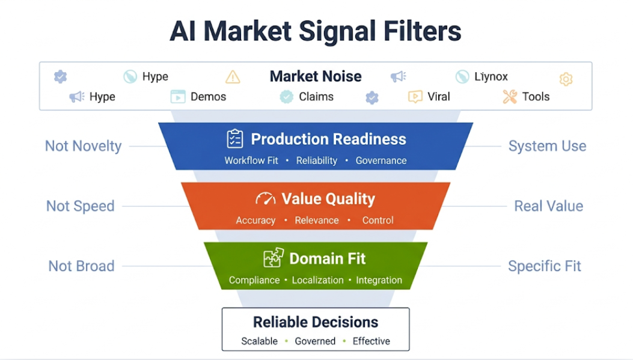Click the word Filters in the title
point(422,31)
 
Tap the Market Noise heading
point(316,76)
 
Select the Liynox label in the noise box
point(491,76)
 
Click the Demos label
point(209,97)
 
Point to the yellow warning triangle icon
point(233,77)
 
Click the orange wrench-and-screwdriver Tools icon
point(510,96)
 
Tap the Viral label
point(438,97)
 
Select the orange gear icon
point(566,79)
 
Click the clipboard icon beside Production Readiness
point(235,138)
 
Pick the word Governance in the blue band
point(381,160)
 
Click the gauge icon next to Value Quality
point(266,198)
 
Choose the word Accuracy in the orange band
point(255,221)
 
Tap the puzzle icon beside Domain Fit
point(274,258)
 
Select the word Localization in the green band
point(318,280)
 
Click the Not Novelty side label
point(83,146)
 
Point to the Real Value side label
point(549,206)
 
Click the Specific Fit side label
point(545,266)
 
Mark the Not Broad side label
point(82,266)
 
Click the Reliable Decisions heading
point(316,322)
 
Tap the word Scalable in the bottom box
point(259,341)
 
